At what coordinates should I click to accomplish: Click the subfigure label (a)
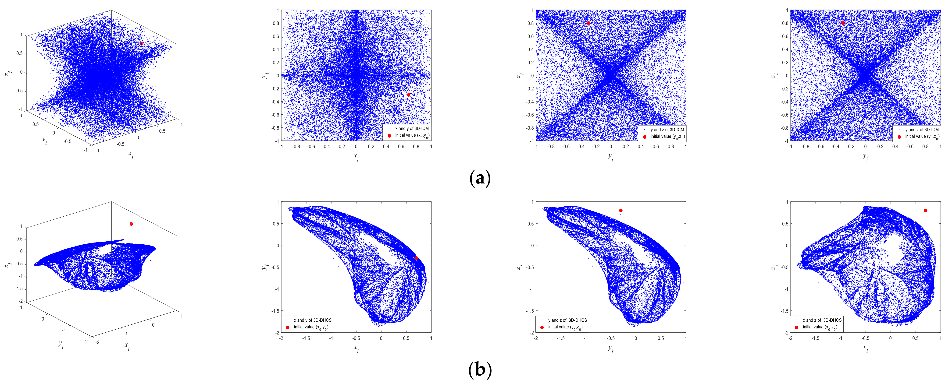click(x=480, y=179)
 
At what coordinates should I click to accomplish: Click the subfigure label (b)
click(x=480, y=370)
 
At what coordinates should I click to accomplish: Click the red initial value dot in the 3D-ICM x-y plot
click(x=408, y=95)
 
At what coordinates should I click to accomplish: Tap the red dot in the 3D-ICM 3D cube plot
click(x=141, y=44)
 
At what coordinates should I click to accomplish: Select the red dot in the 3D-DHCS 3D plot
click(x=131, y=224)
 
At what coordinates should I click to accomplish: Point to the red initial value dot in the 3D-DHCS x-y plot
click(x=416, y=258)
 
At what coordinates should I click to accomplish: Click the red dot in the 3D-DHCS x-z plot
click(x=925, y=211)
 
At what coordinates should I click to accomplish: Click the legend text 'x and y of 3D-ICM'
click(x=412, y=129)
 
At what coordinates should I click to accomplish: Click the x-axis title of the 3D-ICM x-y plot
click(x=356, y=157)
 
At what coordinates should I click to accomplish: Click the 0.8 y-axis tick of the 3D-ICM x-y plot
click(x=276, y=23)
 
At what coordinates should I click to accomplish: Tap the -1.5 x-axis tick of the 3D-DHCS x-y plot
click(x=306, y=338)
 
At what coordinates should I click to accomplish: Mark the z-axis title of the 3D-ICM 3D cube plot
click(x=7, y=73)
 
